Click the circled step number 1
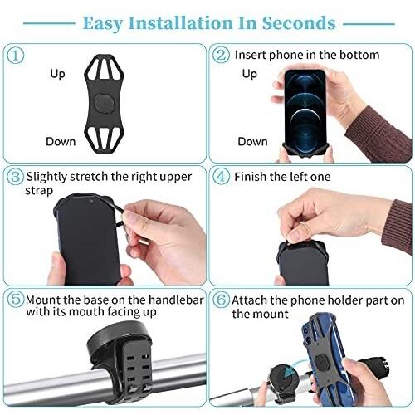(15, 56)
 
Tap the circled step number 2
(221, 55)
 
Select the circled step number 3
(15, 177)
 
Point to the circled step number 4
(221, 177)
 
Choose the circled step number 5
(15, 300)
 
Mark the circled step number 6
(221, 300)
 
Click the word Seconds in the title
(299, 22)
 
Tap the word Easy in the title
(103, 23)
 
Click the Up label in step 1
(57, 74)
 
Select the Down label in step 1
(61, 142)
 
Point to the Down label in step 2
(252, 142)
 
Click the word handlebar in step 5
(176, 300)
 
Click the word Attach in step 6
(250, 300)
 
